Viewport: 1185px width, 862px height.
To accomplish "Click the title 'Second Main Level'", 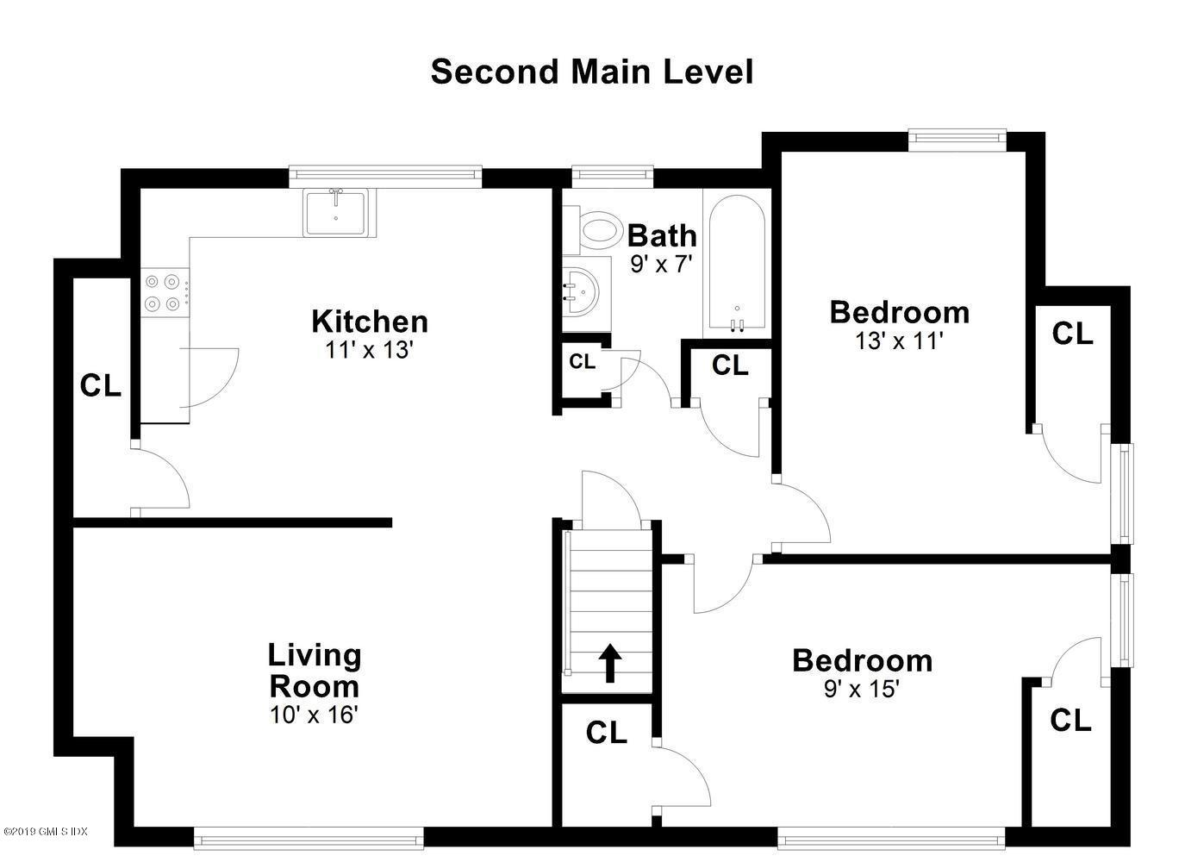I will pyautogui.click(x=591, y=72).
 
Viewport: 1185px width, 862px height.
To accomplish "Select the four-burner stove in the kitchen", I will pyautogui.click(x=163, y=292).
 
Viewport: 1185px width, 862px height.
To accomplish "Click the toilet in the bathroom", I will pyautogui.click(x=599, y=230).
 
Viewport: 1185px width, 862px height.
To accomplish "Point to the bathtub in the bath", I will pyautogui.click(x=735, y=263).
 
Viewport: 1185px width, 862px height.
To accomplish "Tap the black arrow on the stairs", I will pyautogui.click(x=610, y=663).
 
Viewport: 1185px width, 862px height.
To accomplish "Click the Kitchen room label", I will pyautogui.click(x=369, y=321).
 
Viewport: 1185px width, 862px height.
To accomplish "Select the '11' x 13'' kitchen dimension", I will pyautogui.click(x=370, y=350).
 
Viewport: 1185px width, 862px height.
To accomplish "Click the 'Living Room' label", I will pyautogui.click(x=314, y=671).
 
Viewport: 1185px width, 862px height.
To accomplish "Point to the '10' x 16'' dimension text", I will pyautogui.click(x=313, y=715).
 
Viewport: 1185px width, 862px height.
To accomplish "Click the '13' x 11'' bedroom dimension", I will pyautogui.click(x=899, y=341).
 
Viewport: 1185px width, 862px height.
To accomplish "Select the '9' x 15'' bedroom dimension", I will pyautogui.click(x=862, y=689).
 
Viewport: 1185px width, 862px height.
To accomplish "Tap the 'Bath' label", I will pyautogui.click(x=661, y=234).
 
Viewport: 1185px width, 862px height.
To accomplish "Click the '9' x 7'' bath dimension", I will pyautogui.click(x=661, y=264).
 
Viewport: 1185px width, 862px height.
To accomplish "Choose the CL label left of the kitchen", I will pyautogui.click(x=100, y=386).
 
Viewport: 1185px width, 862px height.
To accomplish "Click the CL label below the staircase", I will pyautogui.click(x=606, y=733).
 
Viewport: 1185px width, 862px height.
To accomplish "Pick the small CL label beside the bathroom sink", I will pyautogui.click(x=582, y=362).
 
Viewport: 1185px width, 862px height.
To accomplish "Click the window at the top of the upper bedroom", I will pyautogui.click(x=957, y=136).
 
